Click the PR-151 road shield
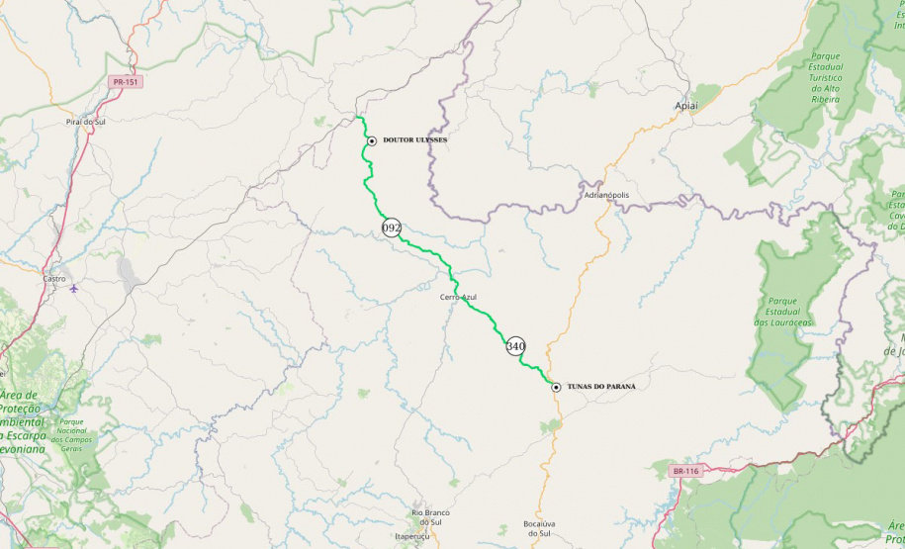(x=125, y=82)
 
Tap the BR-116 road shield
(x=684, y=471)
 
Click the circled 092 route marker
(x=392, y=228)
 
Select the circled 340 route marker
(x=515, y=346)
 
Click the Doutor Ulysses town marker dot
(x=371, y=141)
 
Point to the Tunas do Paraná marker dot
(x=556, y=387)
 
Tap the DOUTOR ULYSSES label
(x=414, y=140)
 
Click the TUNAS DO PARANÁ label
(x=601, y=386)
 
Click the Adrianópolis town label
(x=606, y=195)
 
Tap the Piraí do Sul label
(x=85, y=121)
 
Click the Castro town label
(x=54, y=279)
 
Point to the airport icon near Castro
(x=74, y=289)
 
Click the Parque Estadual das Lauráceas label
(x=782, y=311)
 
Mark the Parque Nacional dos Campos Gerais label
(x=72, y=435)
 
